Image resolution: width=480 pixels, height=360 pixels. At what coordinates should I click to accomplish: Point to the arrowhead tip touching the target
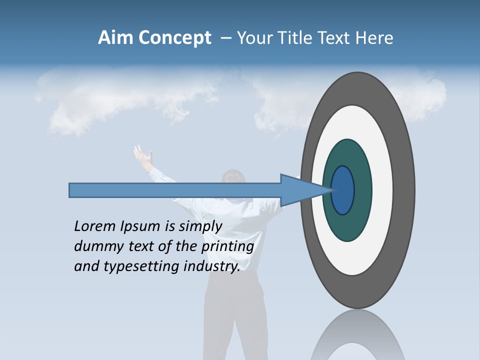[331, 190]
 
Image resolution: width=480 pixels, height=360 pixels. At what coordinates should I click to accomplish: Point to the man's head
[233, 181]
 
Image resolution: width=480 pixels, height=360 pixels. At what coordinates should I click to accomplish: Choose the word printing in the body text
[227, 246]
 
